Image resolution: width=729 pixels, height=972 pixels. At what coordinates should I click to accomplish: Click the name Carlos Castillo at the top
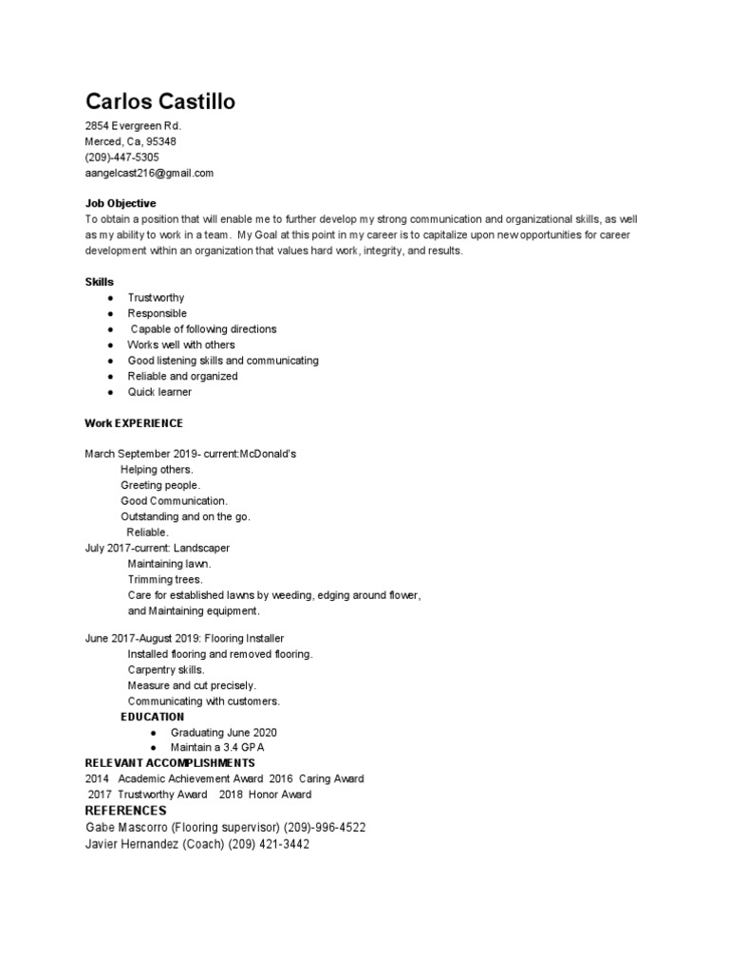(x=160, y=102)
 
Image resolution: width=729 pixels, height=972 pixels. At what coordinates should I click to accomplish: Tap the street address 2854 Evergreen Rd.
(x=133, y=126)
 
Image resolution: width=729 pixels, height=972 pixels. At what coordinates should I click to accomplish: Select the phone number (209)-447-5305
(x=122, y=158)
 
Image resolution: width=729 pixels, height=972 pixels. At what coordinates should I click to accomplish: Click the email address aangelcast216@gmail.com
(x=149, y=174)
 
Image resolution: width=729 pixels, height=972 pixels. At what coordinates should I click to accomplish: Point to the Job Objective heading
(x=121, y=203)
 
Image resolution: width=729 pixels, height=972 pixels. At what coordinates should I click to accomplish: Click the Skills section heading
(x=100, y=282)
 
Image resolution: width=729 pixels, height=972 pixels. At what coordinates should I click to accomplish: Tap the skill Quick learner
(x=159, y=392)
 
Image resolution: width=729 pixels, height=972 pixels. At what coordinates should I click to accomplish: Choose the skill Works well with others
(x=181, y=345)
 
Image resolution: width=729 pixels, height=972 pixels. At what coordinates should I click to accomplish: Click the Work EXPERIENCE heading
(x=134, y=422)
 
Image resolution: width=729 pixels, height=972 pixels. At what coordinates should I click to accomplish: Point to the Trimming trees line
(x=165, y=579)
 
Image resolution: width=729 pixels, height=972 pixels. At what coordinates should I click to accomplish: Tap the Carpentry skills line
(x=166, y=670)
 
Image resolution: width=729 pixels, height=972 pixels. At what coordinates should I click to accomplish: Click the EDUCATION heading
(x=153, y=717)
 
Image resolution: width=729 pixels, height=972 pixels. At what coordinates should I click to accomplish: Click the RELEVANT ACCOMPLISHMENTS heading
(x=170, y=763)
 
